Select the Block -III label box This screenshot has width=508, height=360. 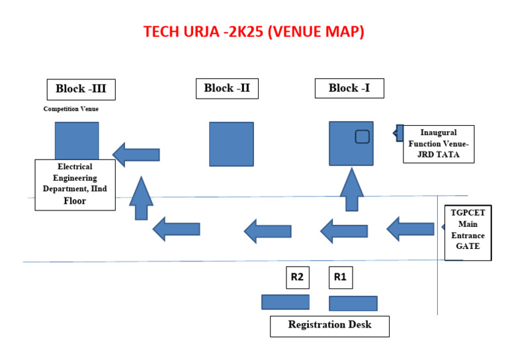(x=81, y=89)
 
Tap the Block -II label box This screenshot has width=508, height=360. (x=227, y=88)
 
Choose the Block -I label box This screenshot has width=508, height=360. (x=349, y=88)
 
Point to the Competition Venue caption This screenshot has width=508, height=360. (x=71, y=109)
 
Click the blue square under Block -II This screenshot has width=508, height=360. (x=231, y=144)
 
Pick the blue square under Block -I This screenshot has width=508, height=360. (x=351, y=143)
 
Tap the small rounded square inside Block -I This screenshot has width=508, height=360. (x=362, y=136)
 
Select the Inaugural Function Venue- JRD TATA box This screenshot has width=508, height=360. (x=439, y=144)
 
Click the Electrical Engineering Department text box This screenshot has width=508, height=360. (x=75, y=185)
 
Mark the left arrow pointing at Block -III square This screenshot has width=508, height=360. (x=136, y=154)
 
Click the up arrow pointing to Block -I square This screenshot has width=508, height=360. (x=351, y=189)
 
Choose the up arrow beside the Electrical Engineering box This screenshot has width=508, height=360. (x=141, y=198)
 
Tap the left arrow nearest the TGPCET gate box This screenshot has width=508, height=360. (x=410, y=229)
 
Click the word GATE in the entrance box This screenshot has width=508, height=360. (x=468, y=246)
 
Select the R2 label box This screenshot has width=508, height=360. (x=297, y=277)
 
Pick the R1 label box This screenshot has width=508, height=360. (x=341, y=277)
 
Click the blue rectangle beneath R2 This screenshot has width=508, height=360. (x=285, y=302)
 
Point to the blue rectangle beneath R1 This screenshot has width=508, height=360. (x=353, y=303)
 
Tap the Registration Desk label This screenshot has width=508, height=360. (x=329, y=326)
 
